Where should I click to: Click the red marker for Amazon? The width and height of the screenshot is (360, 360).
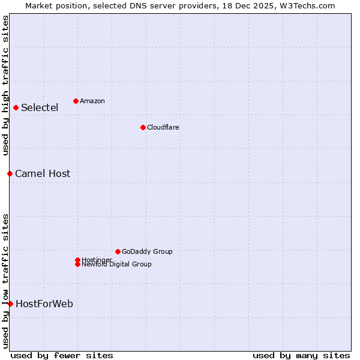(x=76, y=101)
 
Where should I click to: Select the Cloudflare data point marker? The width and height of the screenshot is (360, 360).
(x=143, y=127)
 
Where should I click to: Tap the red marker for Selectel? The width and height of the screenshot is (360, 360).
(x=16, y=108)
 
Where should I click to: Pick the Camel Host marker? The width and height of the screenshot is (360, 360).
(x=10, y=174)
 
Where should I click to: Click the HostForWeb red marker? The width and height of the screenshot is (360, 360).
(x=10, y=304)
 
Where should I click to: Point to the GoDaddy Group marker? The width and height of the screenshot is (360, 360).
(x=118, y=251)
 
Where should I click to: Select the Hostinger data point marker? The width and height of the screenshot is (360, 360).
(x=77, y=260)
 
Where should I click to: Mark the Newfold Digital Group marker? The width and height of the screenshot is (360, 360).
(x=77, y=265)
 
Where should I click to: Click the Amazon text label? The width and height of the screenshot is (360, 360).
(x=92, y=101)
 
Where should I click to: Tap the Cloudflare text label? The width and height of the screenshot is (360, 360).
(x=163, y=127)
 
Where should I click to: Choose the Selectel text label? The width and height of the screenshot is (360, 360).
(x=40, y=108)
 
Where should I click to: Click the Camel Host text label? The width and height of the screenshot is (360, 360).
(x=43, y=174)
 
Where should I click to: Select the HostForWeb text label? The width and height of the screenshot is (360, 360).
(x=44, y=304)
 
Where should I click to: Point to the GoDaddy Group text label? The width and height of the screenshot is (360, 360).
(x=147, y=251)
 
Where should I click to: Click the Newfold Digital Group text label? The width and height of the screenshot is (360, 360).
(x=117, y=265)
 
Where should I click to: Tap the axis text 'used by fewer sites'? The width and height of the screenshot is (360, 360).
(x=62, y=355)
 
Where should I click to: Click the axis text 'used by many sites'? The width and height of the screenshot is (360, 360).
(x=301, y=355)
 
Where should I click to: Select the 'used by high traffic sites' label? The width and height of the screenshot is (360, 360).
(x=5, y=85)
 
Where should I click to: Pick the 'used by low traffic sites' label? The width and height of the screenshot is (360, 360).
(x=5, y=281)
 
